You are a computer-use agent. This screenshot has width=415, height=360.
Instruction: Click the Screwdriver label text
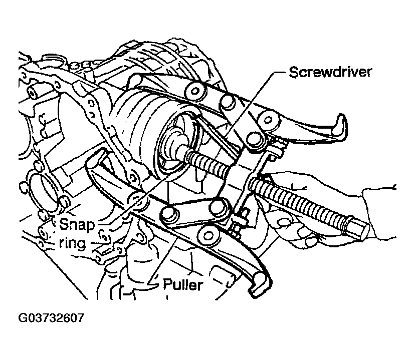pyautogui.click(x=330, y=72)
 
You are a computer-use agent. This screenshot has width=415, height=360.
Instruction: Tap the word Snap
pyautogui.click(x=77, y=225)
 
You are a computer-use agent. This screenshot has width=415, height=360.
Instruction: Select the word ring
pyautogui.click(x=72, y=243)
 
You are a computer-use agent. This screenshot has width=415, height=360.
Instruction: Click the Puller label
pyautogui.click(x=183, y=285)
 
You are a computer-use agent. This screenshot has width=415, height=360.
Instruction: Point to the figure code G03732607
pyautogui.click(x=51, y=317)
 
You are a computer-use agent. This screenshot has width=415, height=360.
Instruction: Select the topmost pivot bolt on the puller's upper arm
pyautogui.click(x=195, y=91)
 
